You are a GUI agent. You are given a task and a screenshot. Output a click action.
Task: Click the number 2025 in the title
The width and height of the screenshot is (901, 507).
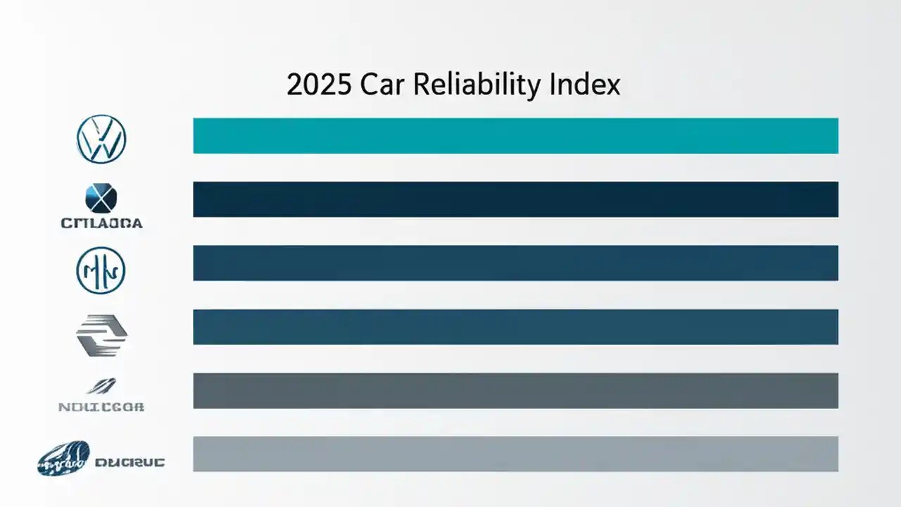click(320, 85)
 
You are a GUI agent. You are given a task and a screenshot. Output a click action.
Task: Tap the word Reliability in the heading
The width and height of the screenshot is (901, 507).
click(477, 85)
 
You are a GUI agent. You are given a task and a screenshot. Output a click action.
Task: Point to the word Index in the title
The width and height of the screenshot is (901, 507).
click(586, 85)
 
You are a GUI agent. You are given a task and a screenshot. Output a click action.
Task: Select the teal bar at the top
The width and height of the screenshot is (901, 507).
click(515, 136)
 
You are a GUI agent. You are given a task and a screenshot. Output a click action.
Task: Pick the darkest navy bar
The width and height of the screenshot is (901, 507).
click(515, 199)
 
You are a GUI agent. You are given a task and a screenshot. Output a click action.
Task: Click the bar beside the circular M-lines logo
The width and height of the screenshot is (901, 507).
click(515, 263)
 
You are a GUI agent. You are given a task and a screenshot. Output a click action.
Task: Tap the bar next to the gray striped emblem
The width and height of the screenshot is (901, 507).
click(515, 327)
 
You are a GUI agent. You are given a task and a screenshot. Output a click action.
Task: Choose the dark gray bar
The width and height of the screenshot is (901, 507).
click(515, 391)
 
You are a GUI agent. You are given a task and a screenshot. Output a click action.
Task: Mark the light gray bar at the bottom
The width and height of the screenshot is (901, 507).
click(515, 454)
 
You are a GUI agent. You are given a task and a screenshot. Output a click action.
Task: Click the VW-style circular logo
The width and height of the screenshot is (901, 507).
click(101, 139)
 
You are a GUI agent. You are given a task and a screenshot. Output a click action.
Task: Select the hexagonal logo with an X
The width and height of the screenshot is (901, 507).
click(101, 199)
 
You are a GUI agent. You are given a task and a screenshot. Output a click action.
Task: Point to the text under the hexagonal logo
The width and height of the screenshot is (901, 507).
click(101, 223)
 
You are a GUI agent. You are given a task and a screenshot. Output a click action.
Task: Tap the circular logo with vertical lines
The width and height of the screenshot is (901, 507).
click(101, 270)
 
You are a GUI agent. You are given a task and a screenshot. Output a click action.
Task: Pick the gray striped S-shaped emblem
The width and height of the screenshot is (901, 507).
click(101, 335)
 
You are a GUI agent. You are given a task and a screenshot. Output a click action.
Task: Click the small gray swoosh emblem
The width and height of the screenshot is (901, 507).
click(101, 386)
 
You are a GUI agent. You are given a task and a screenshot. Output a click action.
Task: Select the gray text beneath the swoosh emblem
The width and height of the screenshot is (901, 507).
click(101, 406)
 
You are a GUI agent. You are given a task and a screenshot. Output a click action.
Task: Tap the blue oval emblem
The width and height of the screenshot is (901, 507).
click(63, 458)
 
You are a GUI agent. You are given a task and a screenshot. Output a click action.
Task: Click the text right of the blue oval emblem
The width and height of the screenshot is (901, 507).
click(129, 463)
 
